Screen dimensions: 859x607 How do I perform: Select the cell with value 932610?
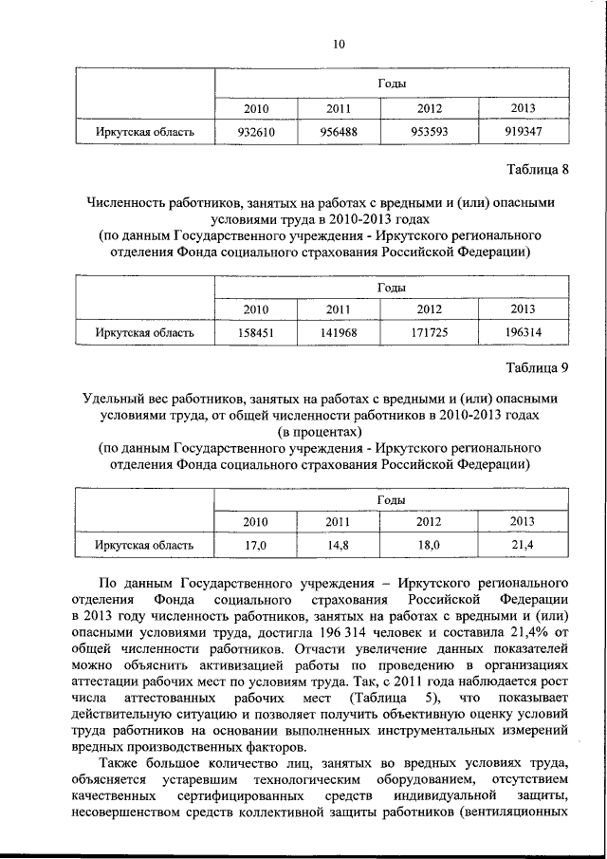click(256, 132)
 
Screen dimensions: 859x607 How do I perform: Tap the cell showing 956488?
click(339, 132)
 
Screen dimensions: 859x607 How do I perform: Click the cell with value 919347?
click(523, 132)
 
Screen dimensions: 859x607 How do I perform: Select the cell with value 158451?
click(256, 333)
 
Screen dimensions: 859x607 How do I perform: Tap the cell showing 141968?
click(339, 333)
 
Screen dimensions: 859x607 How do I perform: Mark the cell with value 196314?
click(523, 333)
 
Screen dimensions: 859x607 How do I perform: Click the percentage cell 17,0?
click(256, 546)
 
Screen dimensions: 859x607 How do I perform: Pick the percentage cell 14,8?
click(339, 546)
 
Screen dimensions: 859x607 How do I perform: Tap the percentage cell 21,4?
click(523, 546)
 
